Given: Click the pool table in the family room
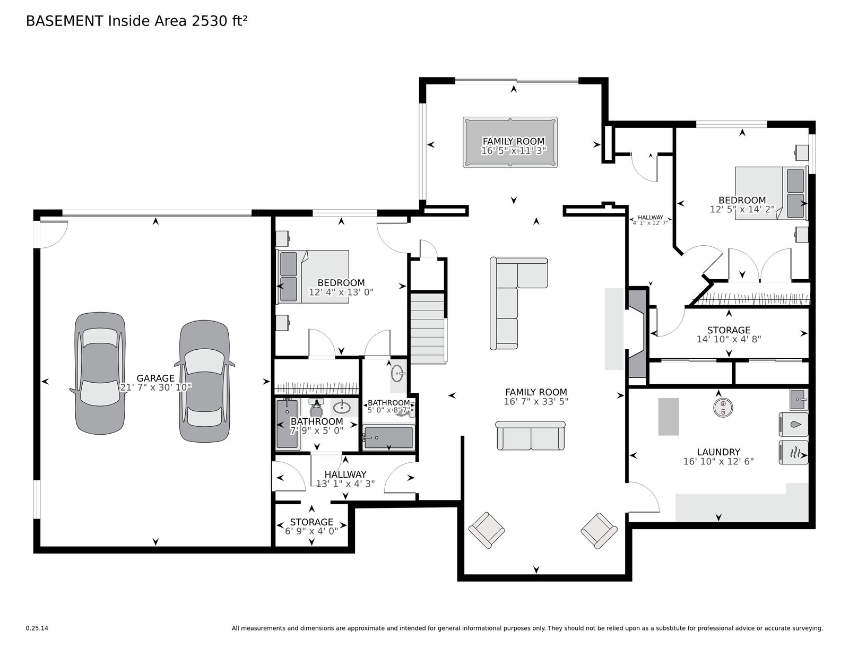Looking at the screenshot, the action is point(510,142).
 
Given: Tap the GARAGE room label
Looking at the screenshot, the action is point(155,378).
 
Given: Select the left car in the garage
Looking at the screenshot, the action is point(100,373).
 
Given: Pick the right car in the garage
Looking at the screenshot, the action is point(204,381).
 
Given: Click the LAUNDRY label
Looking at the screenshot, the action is point(718,452).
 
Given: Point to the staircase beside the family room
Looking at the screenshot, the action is point(428,328).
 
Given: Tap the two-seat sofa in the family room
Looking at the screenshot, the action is point(530,436).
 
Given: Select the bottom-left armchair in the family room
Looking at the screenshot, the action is point(487,530).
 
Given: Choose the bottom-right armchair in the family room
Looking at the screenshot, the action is point(599,530).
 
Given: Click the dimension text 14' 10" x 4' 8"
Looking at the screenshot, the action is point(729,340).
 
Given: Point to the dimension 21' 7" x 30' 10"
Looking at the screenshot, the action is point(155,387).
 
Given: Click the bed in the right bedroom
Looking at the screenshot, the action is point(770,193).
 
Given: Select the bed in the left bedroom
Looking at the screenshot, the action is point(313,277).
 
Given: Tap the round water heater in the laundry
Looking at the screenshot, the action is point(723,408).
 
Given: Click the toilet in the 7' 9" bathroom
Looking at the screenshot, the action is point(316,408).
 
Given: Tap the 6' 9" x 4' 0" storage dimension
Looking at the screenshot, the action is point(311,531).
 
